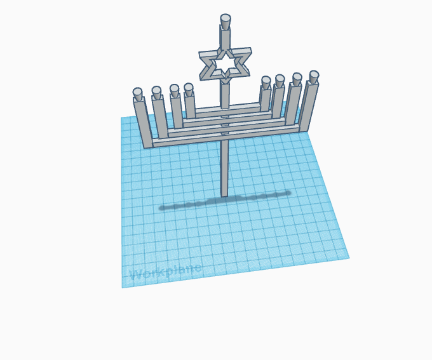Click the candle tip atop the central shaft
pyautogui.click(x=226, y=19)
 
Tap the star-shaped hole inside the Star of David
pyautogui.click(x=226, y=63)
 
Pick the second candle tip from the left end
pyautogui.click(x=156, y=91)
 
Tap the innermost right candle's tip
pyautogui.click(x=266, y=81)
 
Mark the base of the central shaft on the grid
pyautogui.click(x=224, y=193)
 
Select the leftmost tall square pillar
pyautogui.click(x=143, y=123)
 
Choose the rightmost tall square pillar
pyautogui.click(x=307, y=107)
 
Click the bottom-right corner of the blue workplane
pyautogui.click(x=349, y=258)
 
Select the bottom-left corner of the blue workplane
pyautogui.click(x=123, y=288)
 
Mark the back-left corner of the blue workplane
pyautogui.click(x=122, y=118)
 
